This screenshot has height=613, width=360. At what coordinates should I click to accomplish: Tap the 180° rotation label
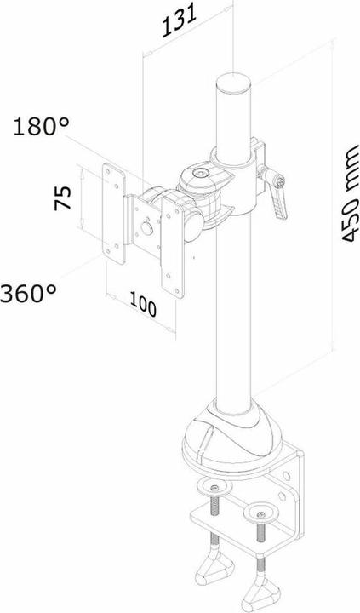(42, 129)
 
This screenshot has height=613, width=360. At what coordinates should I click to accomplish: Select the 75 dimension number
(61, 200)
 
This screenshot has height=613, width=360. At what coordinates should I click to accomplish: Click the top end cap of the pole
(236, 83)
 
